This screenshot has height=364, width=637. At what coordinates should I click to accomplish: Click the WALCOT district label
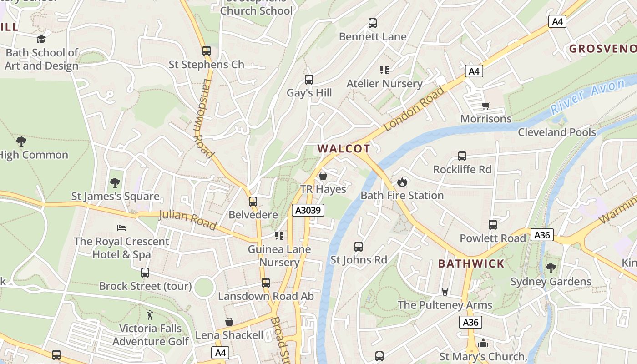click(344, 148)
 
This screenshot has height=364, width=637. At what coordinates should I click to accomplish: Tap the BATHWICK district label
click(471, 263)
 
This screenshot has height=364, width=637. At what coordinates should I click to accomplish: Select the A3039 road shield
click(308, 210)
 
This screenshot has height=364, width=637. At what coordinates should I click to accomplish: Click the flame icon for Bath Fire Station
click(401, 182)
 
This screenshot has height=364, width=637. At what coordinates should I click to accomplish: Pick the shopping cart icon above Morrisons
click(486, 106)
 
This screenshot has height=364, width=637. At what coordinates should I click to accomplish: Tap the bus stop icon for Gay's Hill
click(309, 80)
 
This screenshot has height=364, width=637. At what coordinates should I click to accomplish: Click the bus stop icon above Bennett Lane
click(373, 23)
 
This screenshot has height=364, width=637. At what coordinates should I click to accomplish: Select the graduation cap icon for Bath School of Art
click(41, 39)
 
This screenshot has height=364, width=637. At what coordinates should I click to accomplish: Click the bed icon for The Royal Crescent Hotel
click(121, 228)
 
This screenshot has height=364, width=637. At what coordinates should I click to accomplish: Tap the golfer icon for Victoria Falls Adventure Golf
click(150, 315)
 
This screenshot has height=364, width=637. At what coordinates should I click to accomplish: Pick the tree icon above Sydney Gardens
click(551, 268)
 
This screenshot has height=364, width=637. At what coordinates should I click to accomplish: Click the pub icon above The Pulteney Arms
click(445, 292)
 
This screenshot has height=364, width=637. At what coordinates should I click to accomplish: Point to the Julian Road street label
click(187, 219)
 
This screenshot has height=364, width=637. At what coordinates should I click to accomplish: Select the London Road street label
click(414, 109)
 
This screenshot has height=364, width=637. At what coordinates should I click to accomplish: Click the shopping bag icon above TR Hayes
click(323, 176)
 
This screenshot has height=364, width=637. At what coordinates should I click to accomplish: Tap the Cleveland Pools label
click(557, 132)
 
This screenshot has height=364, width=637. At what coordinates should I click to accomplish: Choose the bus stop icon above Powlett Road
click(492, 225)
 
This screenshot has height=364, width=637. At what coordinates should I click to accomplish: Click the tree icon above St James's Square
click(115, 183)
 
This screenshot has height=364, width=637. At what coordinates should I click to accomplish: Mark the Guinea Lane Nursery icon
click(279, 236)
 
